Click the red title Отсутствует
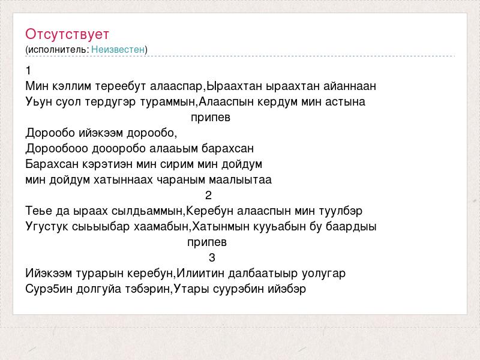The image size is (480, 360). click(x=67, y=34)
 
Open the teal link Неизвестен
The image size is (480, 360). click(x=118, y=49)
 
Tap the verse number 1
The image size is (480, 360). click(x=28, y=71)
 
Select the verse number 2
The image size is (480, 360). click(x=208, y=196)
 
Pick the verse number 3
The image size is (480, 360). click(x=212, y=257)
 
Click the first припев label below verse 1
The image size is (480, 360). click(x=211, y=118)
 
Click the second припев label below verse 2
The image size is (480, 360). click(x=207, y=242)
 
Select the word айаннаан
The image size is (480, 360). click(x=350, y=86)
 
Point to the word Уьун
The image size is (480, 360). click(x=39, y=102)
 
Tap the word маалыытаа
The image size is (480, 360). click(x=241, y=180)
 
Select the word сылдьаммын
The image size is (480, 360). click(x=146, y=211)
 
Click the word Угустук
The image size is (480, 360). click(x=47, y=227)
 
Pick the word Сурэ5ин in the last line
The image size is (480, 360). click(x=49, y=289)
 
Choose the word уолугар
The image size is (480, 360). click(x=323, y=274)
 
